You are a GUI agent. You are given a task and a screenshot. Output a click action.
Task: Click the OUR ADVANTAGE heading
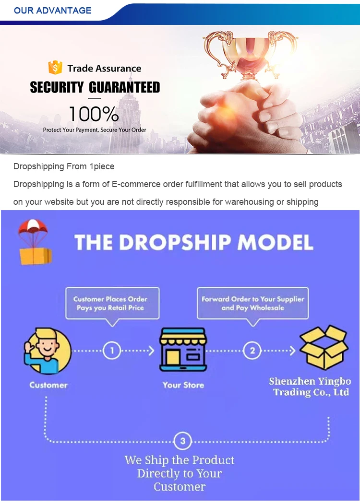click(x=52, y=10)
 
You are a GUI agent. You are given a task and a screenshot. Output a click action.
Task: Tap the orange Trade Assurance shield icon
click(x=55, y=68)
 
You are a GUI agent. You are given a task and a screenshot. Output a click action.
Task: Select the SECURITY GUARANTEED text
click(x=95, y=87)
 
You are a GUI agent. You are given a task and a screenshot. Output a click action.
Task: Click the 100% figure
click(x=94, y=114)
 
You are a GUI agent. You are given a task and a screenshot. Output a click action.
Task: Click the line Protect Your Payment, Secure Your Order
click(x=95, y=130)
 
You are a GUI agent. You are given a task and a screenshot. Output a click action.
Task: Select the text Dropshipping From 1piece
click(x=64, y=166)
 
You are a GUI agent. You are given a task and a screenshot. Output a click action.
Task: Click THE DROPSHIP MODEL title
click(x=194, y=242)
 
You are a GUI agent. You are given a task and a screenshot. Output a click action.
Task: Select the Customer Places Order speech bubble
click(x=111, y=303)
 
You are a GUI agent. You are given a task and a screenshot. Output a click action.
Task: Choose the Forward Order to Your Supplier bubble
click(x=252, y=303)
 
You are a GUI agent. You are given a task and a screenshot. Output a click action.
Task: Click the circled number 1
click(x=111, y=351)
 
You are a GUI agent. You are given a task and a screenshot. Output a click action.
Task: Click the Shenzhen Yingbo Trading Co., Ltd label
click(x=310, y=387)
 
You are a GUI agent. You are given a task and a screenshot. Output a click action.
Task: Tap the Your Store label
click(x=183, y=385)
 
